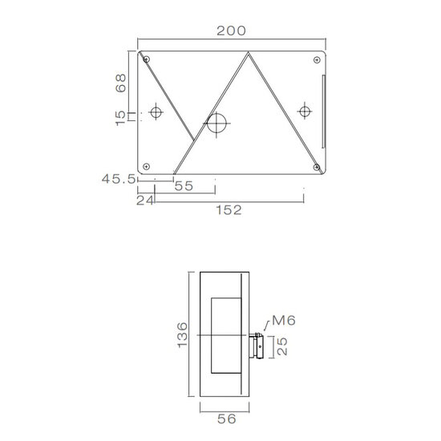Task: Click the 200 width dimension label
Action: coord(231,30)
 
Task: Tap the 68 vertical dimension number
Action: coord(120,83)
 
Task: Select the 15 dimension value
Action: coord(120,118)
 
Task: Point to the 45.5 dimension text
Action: coord(119,179)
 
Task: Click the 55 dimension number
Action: coord(184,186)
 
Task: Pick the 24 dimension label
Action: coord(145,200)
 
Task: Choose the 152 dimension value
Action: coord(229,210)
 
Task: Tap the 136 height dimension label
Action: coord(182,335)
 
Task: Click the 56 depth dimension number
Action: coord(227,419)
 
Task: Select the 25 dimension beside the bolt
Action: coord(282,346)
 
